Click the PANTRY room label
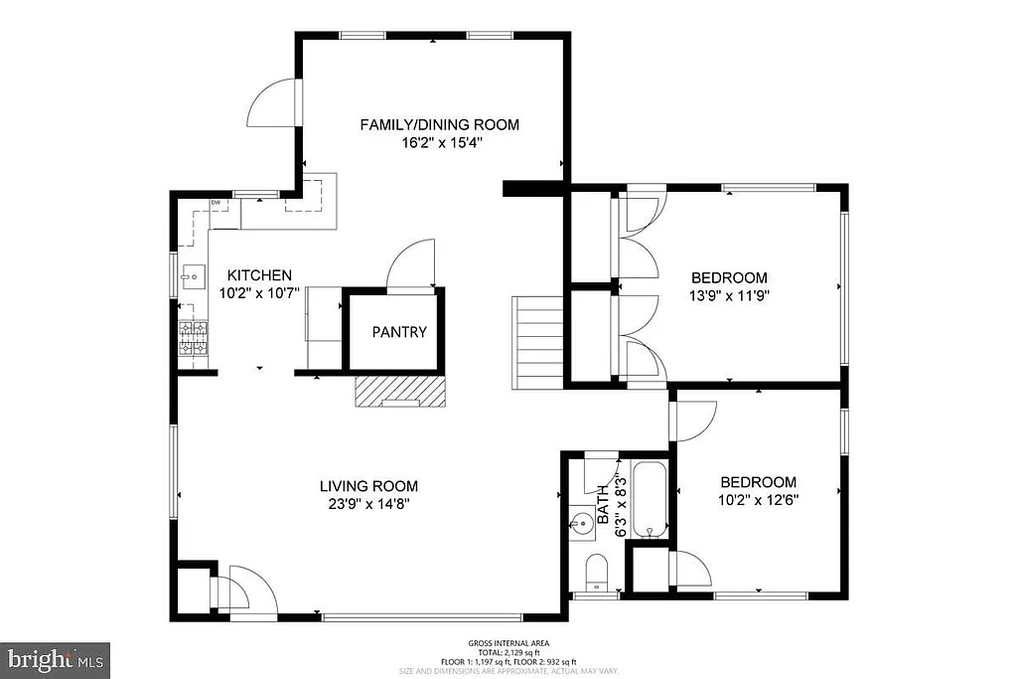click(x=399, y=332)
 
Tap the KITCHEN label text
click(x=259, y=275)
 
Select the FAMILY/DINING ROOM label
click(x=439, y=124)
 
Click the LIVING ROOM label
click(x=368, y=486)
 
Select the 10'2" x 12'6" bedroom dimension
click(x=759, y=499)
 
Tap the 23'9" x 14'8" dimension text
click(x=368, y=503)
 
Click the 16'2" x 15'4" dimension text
click(x=439, y=142)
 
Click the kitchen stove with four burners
click(x=194, y=338)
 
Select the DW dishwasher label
click(x=215, y=203)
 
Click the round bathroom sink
click(x=582, y=521)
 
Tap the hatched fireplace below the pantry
click(x=400, y=392)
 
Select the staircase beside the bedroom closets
click(x=538, y=338)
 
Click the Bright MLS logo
click(x=56, y=658)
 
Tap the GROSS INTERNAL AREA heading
click(x=508, y=643)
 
